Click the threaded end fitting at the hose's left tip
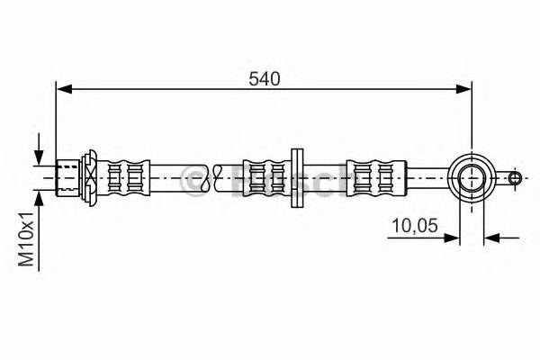[68, 176]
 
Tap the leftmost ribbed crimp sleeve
[123, 176]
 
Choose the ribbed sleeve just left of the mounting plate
[265, 176]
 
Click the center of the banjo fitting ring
[470, 176]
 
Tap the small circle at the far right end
[515, 177]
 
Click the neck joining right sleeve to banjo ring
[423, 176]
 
